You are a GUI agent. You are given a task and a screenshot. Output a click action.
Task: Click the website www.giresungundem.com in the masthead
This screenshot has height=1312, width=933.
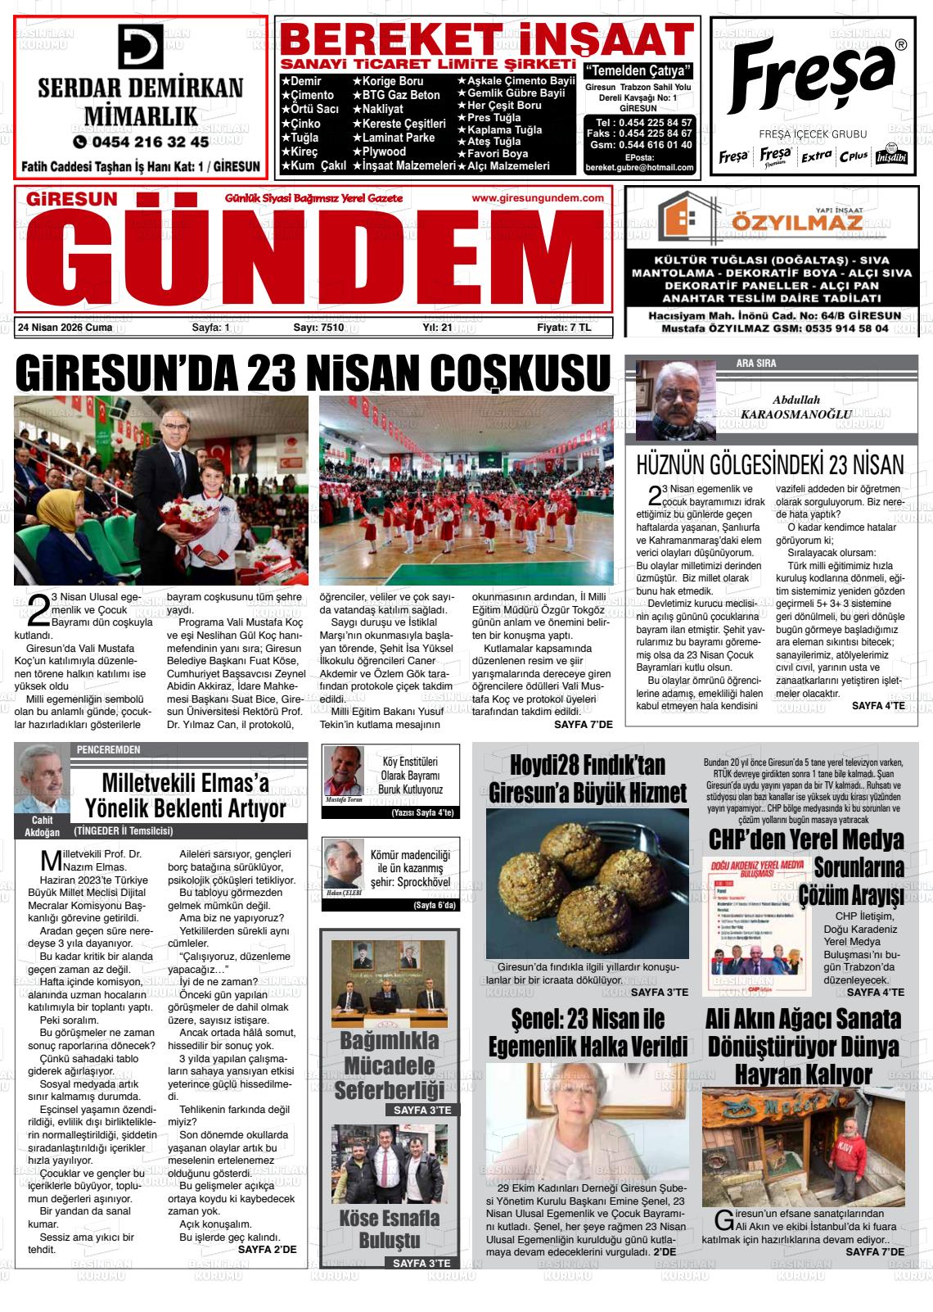tap(538, 198)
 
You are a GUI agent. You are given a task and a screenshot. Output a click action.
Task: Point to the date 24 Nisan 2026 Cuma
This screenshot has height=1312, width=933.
tap(65, 328)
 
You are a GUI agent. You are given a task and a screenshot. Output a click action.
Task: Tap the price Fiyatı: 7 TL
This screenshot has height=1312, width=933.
tap(563, 328)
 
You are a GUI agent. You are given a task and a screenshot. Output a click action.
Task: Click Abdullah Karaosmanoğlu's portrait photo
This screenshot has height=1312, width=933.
tap(675, 400)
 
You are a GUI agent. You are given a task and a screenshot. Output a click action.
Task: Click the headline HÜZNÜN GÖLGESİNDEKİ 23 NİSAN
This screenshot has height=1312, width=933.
tap(770, 465)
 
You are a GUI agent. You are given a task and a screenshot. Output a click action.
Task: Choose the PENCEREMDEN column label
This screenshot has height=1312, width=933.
tap(108, 749)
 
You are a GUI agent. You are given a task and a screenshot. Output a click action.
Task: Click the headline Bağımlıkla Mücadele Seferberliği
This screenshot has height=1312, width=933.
tap(389, 1065)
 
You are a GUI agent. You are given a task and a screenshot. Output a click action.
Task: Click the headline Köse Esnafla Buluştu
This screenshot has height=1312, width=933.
tap(389, 1228)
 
